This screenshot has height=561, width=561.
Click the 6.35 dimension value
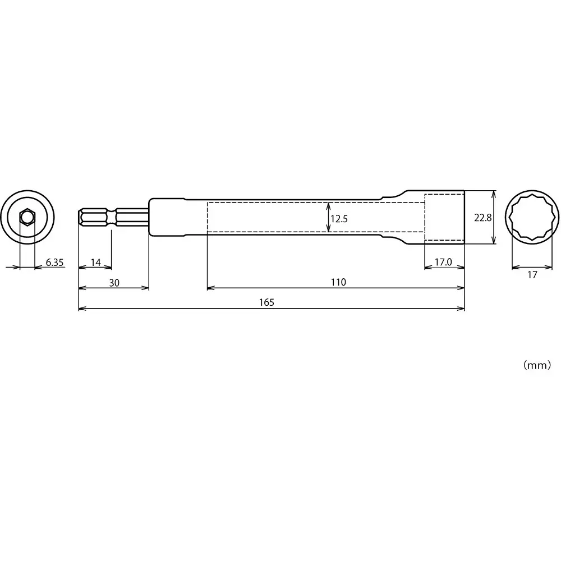pyautogui.click(x=55, y=262)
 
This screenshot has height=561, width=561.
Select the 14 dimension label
pyautogui.click(x=95, y=262)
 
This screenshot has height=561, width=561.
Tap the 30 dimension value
pyautogui.click(x=114, y=283)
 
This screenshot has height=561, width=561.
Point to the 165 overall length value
pyautogui.click(x=267, y=302)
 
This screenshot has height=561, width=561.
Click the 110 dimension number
pyautogui.click(x=338, y=283)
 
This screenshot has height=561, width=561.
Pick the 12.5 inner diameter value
pyautogui.click(x=339, y=219)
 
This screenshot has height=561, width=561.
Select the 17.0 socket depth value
pyautogui.click(x=443, y=262)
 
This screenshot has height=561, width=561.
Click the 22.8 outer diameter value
pyautogui.click(x=482, y=218)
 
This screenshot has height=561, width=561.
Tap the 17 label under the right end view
pyautogui.click(x=532, y=275)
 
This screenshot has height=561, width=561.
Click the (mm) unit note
pyautogui.click(x=537, y=365)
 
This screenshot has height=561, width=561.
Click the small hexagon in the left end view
pyautogui.click(x=27, y=217)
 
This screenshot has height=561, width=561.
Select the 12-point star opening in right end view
pyautogui.click(x=532, y=217)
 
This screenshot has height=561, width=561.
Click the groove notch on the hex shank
pyautogui.click(x=114, y=217)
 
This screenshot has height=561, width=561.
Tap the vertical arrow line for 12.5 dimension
pyautogui.click(x=328, y=218)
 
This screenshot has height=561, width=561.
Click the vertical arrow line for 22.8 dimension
pyautogui.click(x=494, y=217)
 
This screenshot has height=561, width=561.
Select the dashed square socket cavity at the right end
pyautogui.click(x=444, y=217)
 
